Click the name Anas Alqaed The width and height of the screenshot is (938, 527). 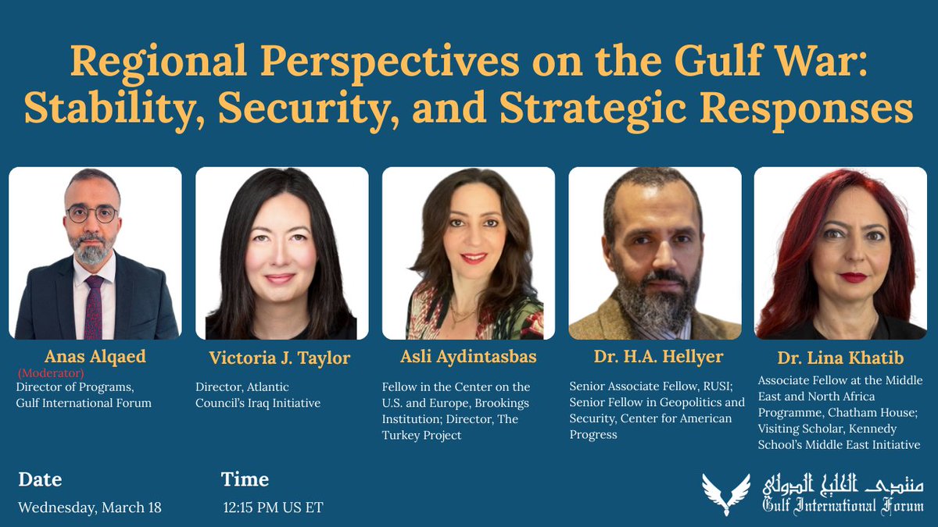click(x=95, y=357)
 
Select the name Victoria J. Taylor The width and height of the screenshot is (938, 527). click(x=279, y=358)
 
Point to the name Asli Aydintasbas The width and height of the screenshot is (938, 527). click(x=468, y=358)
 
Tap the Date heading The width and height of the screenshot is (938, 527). click(x=39, y=479)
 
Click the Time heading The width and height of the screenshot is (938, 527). click(x=245, y=479)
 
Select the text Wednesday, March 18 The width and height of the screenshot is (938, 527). click(x=90, y=507)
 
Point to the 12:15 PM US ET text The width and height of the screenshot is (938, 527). click(x=273, y=507)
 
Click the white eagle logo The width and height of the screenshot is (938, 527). click(x=726, y=492)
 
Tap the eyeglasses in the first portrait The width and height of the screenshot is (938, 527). click(x=91, y=213)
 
